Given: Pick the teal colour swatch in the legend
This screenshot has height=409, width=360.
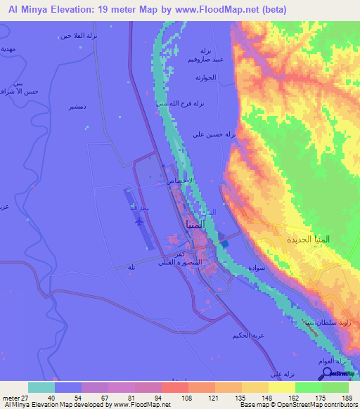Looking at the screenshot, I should pyautogui.click(x=41, y=387).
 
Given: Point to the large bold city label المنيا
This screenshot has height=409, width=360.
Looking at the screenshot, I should pyautogui.click(x=195, y=225).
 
